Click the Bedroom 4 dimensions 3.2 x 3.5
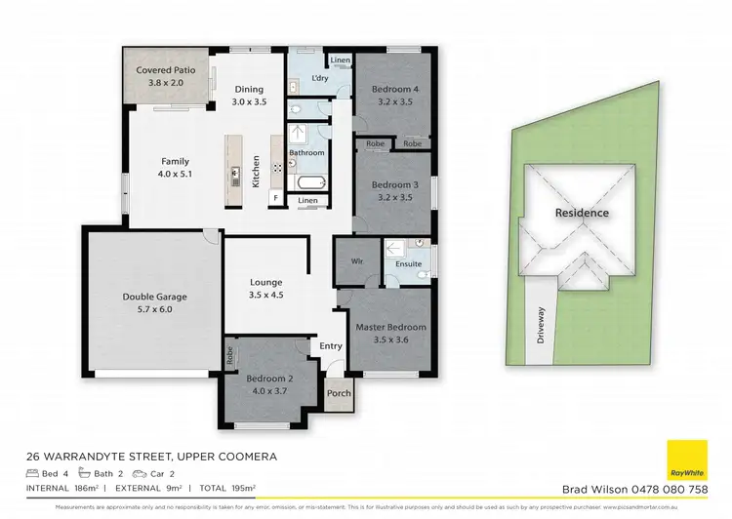coord(394,100)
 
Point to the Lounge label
coord(265,283)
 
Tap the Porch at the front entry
coord(339,394)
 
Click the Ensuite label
coord(408,263)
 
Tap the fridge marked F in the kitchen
coord(276,199)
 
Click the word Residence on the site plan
coord(582,213)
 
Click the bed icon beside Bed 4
coord(33,472)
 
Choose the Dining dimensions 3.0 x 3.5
coord(249,100)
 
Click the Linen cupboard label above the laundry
coord(339,60)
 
